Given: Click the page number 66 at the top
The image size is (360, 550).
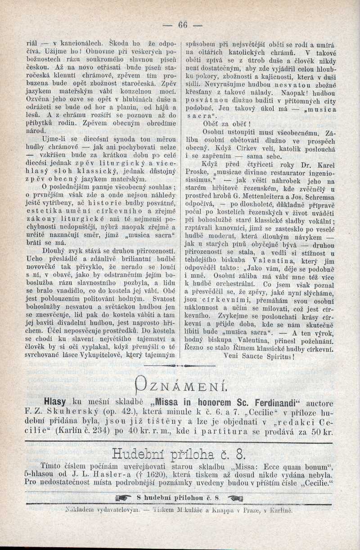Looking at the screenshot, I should point(182,25).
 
